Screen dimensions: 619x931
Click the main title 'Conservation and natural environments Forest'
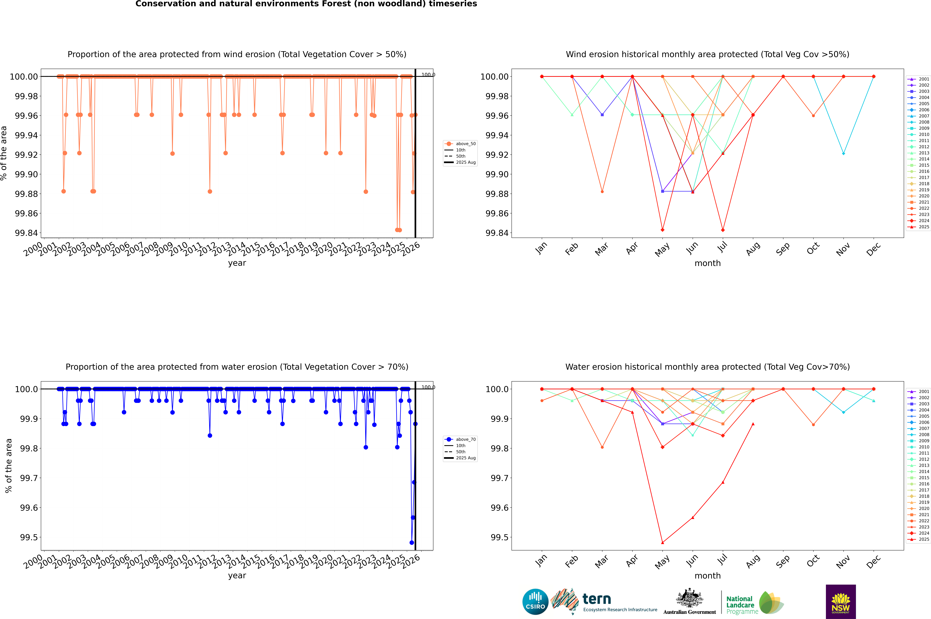click(x=306, y=4)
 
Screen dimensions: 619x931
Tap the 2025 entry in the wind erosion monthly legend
click(x=923, y=227)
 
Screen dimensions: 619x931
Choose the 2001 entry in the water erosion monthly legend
click(x=923, y=392)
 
